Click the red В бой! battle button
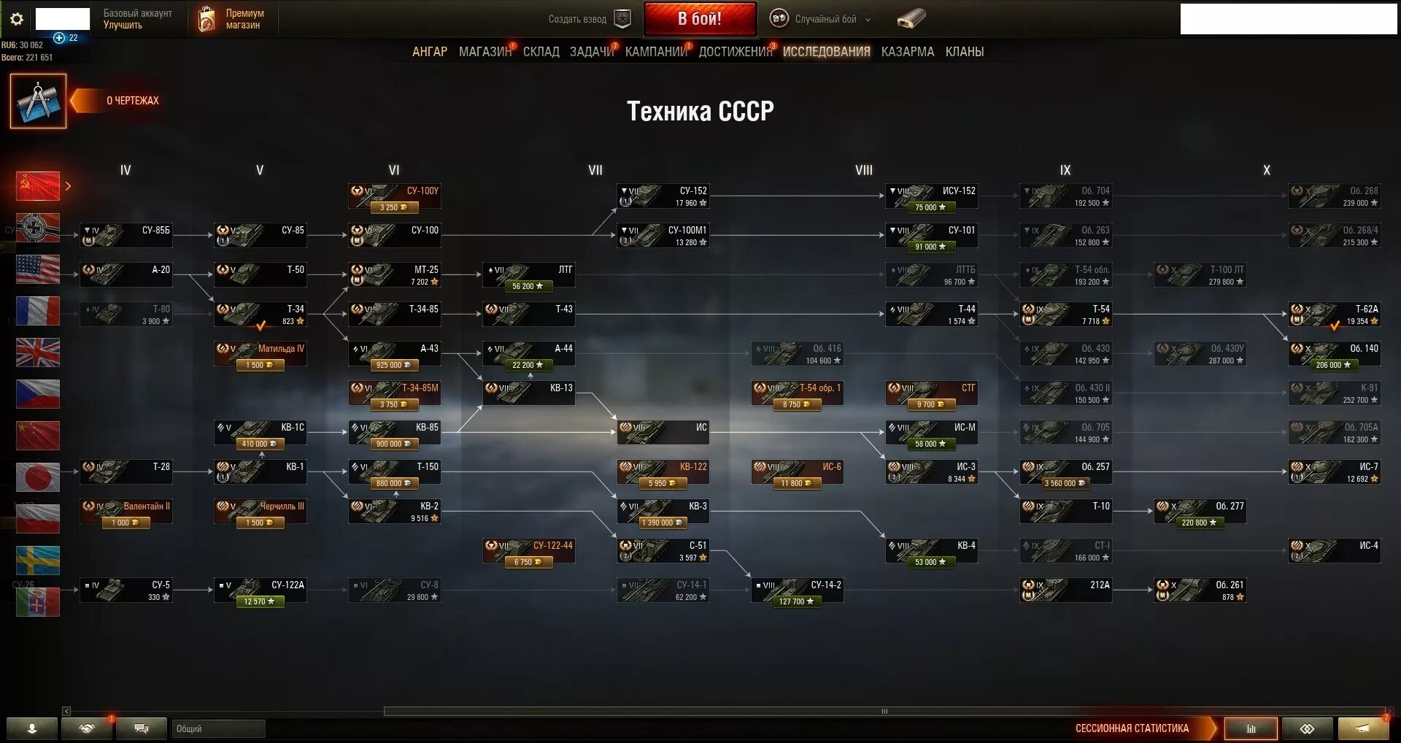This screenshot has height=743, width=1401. (699, 19)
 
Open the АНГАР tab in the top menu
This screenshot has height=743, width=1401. (429, 52)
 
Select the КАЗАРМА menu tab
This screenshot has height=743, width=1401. (907, 52)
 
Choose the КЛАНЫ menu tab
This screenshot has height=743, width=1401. (964, 52)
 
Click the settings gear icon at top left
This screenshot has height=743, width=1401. (17, 19)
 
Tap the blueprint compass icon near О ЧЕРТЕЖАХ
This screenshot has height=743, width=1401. (38, 101)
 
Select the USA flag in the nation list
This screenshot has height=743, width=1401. (38, 270)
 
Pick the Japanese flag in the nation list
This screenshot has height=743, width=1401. (38, 477)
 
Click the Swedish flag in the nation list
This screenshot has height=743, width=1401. (38, 561)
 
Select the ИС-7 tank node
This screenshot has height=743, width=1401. (1334, 472)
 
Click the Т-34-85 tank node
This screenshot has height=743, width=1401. (394, 315)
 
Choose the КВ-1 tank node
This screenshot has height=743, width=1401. (260, 472)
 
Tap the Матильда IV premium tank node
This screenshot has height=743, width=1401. (260, 354)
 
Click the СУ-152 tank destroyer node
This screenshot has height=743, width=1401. (663, 196)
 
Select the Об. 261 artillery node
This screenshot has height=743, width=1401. (1200, 590)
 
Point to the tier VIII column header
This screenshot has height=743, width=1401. (863, 170)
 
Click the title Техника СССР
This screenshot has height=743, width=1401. (700, 111)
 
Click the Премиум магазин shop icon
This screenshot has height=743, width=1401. (207, 20)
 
